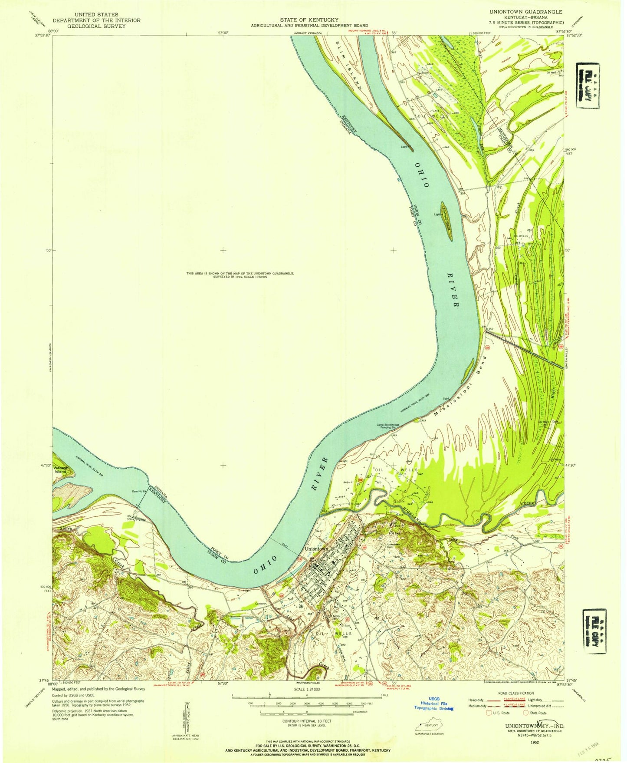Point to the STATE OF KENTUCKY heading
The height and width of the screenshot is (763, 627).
[309, 20]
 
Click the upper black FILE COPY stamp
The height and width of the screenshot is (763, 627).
[588, 86]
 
